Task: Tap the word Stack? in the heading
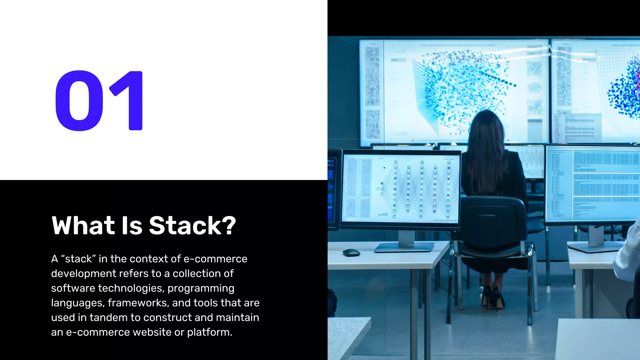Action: tap(192, 225)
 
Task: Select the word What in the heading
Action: tap(83, 225)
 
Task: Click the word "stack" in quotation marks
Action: tap(78, 259)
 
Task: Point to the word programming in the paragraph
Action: tap(201, 288)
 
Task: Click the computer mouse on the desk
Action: tap(351, 252)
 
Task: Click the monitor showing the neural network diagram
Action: tap(401, 189)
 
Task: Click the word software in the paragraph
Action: tap(73, 288)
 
